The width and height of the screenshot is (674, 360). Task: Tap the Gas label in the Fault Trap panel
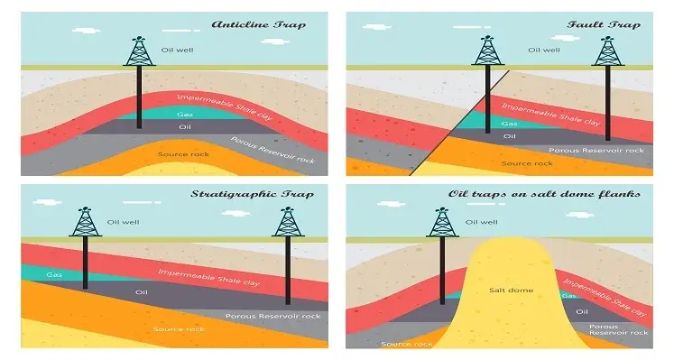tap(510, 123)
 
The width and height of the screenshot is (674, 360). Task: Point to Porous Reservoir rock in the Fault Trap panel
tap(591, 151)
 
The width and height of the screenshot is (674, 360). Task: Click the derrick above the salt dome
tap(442, 222)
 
